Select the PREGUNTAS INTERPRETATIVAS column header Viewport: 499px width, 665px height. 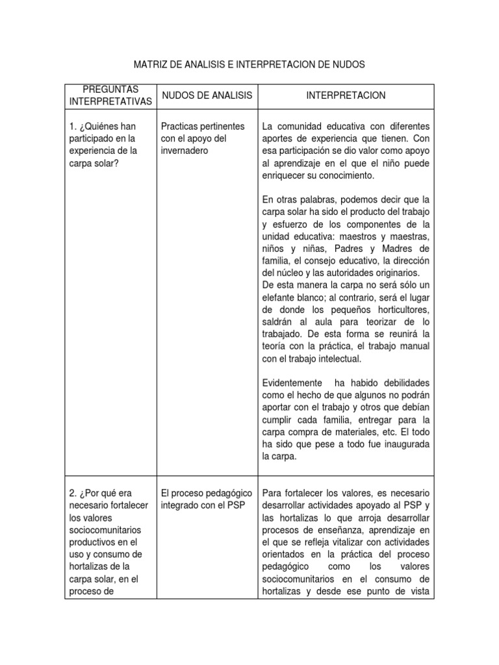coord(110,95)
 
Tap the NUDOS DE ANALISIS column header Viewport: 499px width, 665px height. coord(207,95)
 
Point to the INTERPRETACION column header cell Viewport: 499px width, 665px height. coord(346,95)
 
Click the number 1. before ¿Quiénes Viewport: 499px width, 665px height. coord(71,126)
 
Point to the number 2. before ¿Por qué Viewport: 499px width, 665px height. coord(71,493)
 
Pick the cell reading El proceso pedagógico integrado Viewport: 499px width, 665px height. coord(201,499)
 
